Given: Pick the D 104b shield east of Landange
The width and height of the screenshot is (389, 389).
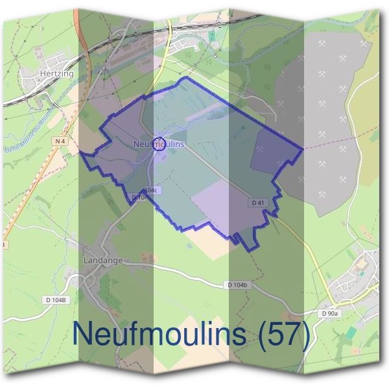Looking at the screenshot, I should point(240,285).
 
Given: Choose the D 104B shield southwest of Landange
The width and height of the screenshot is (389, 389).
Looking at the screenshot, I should point(56,299).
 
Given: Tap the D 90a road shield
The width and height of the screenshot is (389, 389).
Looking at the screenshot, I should point(330,314).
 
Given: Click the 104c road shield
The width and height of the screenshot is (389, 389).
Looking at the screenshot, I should point(150,189).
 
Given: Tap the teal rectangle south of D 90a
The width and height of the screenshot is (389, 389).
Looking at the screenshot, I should point(351,332).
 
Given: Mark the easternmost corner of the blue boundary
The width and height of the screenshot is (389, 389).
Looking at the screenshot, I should point(303,148).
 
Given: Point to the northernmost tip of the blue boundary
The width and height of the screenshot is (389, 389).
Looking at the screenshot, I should point(187,77).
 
